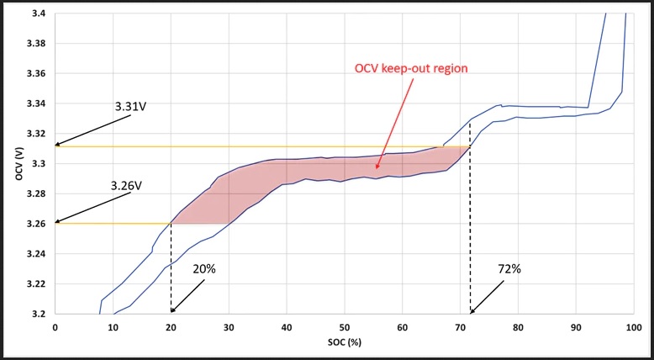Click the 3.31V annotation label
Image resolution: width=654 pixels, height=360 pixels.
click(x=130, y=107)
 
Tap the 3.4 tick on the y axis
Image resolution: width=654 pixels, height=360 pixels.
click(x=38, y=14)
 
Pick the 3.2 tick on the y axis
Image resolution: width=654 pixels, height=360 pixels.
click(x=38, y=314)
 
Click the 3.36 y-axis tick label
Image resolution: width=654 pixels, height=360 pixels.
click(x=36, y=74)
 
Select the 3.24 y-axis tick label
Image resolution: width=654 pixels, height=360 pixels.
click(x=36, y=254)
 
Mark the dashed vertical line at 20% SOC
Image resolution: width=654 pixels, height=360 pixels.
click(x=171, y=269)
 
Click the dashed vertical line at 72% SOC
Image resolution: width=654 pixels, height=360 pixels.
click(x=470, y=227)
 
